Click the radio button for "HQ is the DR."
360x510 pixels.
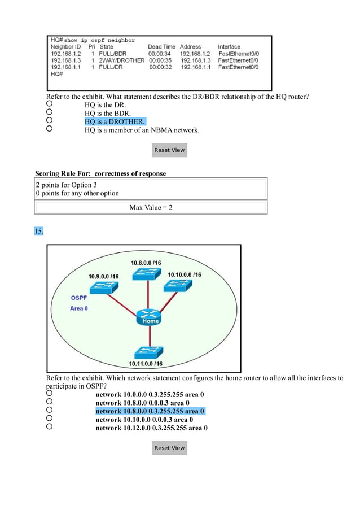(50, 104)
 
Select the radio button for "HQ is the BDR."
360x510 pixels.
(50, 112)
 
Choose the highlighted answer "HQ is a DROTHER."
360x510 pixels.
(115, 121)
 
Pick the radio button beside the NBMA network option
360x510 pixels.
(50, 129)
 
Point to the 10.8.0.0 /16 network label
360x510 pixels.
(146, 263)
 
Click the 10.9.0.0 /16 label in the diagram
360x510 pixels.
(103, 276)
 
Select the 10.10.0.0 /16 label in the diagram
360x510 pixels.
(185, 274)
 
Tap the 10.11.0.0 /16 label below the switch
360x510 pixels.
(146, 364)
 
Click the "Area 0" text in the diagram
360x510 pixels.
(78, 308)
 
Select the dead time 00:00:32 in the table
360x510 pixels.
(160, 67)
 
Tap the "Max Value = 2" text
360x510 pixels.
(151, 208)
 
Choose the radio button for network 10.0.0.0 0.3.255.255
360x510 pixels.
(50, 393)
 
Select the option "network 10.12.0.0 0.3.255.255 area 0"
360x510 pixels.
(151, 428)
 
